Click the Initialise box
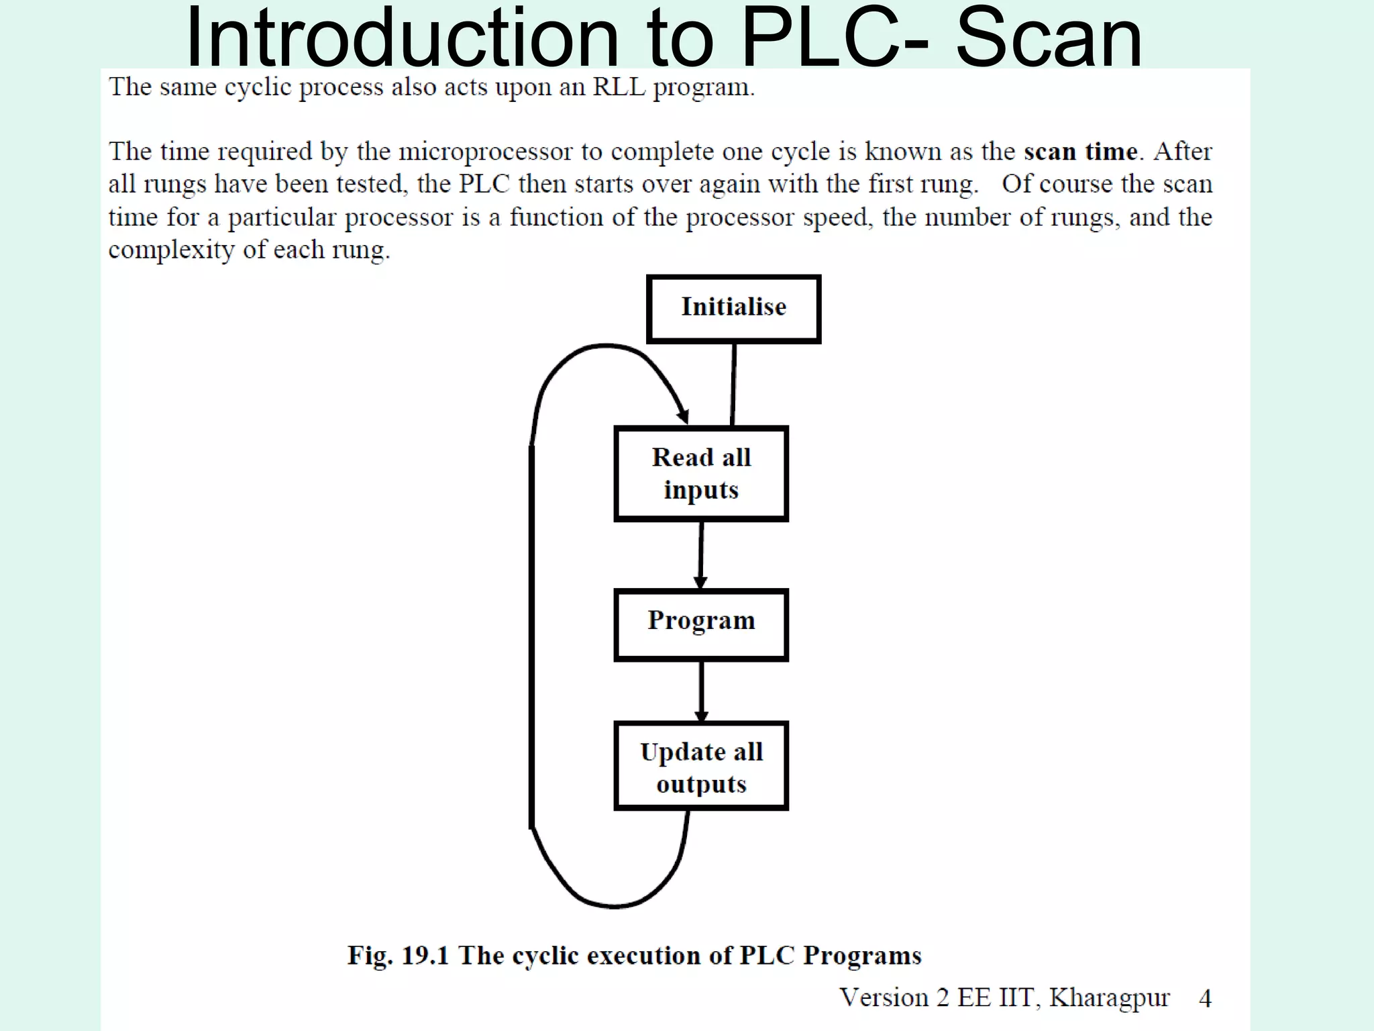tap(733, 309)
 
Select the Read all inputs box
tap(701, 474)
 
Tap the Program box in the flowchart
tap(701, 625)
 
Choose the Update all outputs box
tap(701, 767)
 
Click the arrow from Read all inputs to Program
tap(701, 554)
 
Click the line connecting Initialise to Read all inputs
tap(733, 385)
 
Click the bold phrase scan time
tap(1080, 152)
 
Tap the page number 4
tap(1205, 999)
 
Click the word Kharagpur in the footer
tap(1110, 998)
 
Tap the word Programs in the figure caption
tap(862, 955)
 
